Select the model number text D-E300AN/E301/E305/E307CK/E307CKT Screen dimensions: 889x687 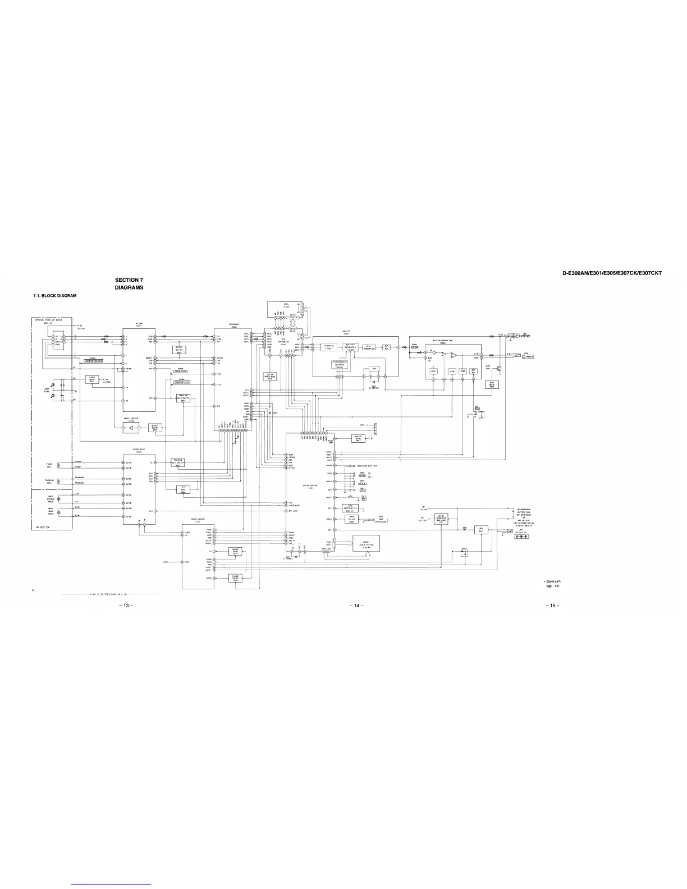click(612, 273)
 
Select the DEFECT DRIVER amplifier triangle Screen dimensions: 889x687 click(132, 428)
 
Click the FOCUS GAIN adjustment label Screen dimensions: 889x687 click(180, 372)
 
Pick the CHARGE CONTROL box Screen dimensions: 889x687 click(235, 578)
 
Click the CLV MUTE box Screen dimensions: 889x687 click(183, 489)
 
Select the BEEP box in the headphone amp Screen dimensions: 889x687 click(463, 371)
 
